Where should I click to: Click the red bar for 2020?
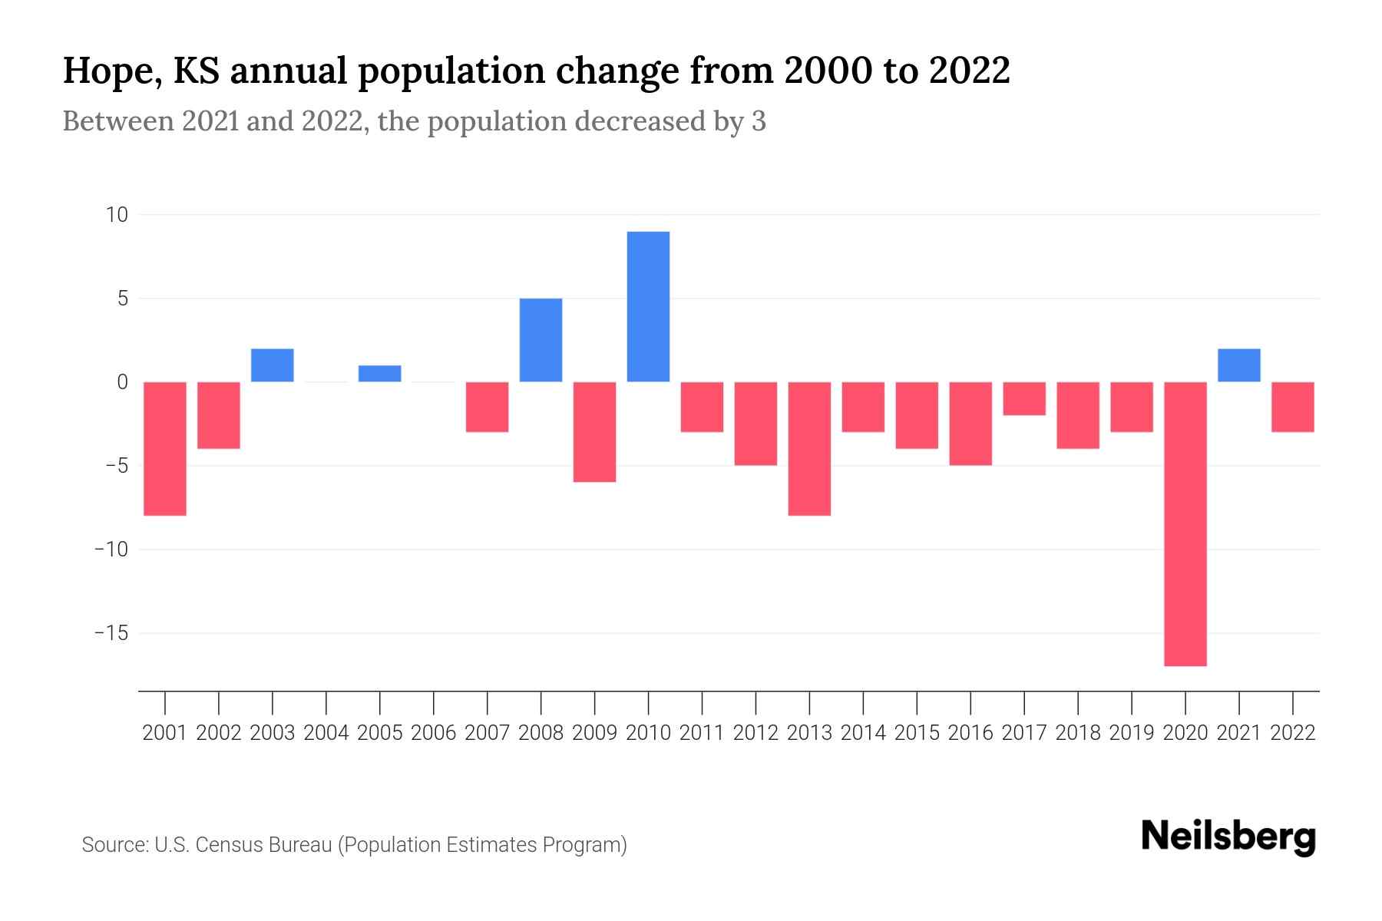[x=1185, y=523]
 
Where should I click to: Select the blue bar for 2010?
[x=648, y=306]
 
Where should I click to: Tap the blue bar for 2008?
[x=541, y=340]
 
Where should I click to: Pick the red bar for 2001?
[x=165, y=448]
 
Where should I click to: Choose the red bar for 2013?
[x=809, y=448]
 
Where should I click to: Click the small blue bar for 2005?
[x=379, y=374]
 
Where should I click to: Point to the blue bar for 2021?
[x=1238, y=365]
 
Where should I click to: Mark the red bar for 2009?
[x=594, y=431]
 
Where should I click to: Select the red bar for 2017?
[x=1024, y=398]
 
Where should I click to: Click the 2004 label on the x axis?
[x=326, y=733]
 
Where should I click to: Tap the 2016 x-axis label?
[x=970, y=733]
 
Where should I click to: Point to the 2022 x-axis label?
[x=1293, y=733]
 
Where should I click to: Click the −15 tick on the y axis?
[x=111, y=633]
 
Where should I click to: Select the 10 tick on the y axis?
[x=117, y=215]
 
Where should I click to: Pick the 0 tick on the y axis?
[x=122, y=382]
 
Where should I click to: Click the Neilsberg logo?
[x=1228, y=837]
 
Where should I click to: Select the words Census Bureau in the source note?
[x=264, y=845]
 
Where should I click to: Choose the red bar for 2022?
[x=1293, y=407]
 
